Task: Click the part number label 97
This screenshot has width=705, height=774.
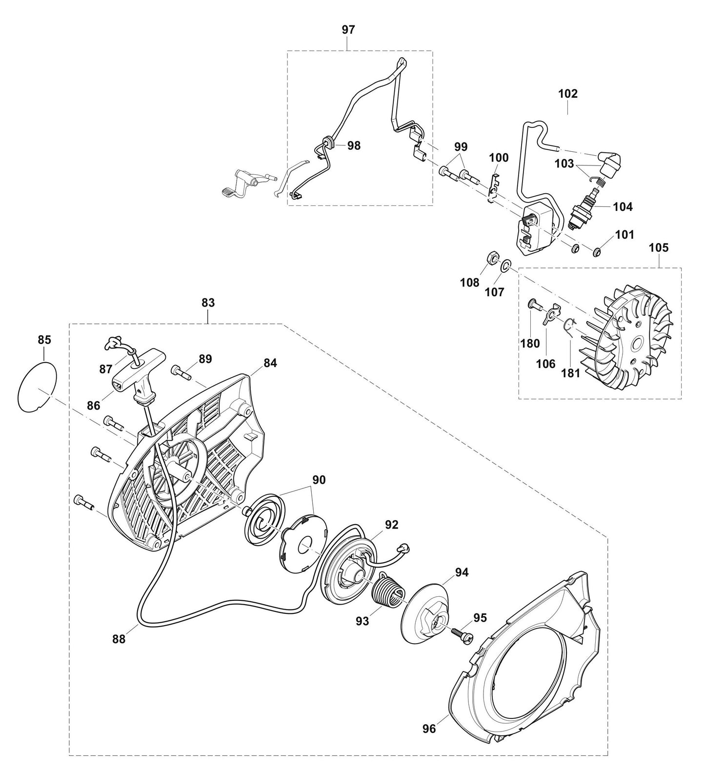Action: coord(348,30)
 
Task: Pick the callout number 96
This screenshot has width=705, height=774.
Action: coord(429,729)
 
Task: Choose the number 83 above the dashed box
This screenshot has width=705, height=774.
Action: coord(208,303)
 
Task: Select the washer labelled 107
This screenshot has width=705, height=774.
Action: coord(506,265)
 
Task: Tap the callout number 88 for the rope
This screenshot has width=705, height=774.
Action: coord(119,639)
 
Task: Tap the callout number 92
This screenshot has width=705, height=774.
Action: coord(392,525)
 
